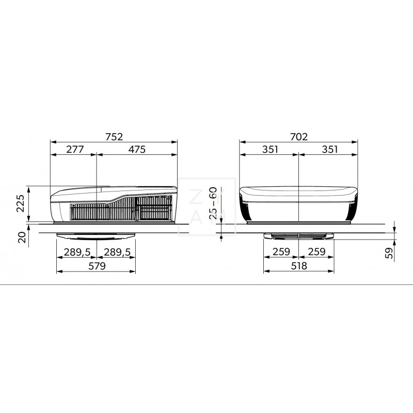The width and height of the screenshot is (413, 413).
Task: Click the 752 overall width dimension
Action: click(x=114, y=137)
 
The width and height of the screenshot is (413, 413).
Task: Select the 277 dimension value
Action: click(x=74, y=150)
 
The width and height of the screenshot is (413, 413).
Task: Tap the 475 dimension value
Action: click(x=137, y=150)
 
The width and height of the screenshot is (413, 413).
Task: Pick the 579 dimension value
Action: click(x=96, y=266)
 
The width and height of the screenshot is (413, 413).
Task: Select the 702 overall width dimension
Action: click(x=298, y=137)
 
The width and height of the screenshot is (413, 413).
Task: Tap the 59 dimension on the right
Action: click(x=390, y=252)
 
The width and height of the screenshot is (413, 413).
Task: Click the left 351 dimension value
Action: click(x=269, y=150)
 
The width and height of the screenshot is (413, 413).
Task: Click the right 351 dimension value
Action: click(x=329, y=150)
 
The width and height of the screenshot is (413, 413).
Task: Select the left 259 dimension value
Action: click(x=282, y=252)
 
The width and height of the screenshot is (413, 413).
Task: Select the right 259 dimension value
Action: click(x=316, y=252)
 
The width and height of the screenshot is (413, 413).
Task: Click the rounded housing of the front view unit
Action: click(x=298, y=204)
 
